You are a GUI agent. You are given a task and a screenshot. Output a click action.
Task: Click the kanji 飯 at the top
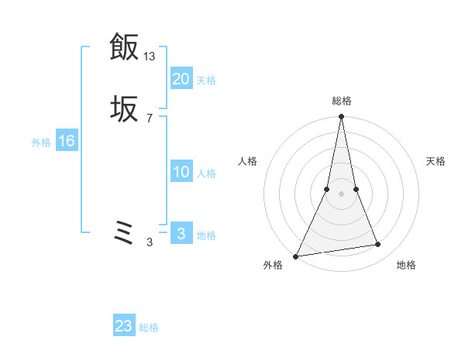click(124, 48)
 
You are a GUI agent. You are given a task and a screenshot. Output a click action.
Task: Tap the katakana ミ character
click(124, 233)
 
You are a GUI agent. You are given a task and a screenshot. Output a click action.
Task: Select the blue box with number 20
click(181, 78)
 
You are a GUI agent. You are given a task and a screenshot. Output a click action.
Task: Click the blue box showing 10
click(181, 172)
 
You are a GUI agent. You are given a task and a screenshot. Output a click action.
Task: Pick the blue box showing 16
click(66, 141)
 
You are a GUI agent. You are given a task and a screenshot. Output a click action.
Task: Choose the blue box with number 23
click(124, 326)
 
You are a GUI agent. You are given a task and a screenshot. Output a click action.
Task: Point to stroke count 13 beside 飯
click(150, 56)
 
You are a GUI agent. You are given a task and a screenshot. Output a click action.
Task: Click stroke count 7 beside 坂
click(150, 118)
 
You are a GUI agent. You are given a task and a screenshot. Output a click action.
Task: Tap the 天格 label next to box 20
click(206, 80)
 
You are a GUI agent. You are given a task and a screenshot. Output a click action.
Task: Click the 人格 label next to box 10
click(206, 173)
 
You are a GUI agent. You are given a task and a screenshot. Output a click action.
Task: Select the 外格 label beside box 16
click(41, 143)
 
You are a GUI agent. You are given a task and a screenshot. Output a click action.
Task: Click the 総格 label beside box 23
click(149, 328)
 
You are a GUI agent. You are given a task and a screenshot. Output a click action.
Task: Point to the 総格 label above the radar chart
click(341, 101)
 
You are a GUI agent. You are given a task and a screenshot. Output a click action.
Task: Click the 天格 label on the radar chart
click(436, 161)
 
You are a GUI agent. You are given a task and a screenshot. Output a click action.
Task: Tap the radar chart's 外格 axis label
click(273, 265)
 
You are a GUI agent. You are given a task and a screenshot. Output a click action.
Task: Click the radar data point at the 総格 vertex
click(341, 117)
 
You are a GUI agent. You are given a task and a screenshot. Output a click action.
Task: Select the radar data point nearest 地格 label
click(378, 245)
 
